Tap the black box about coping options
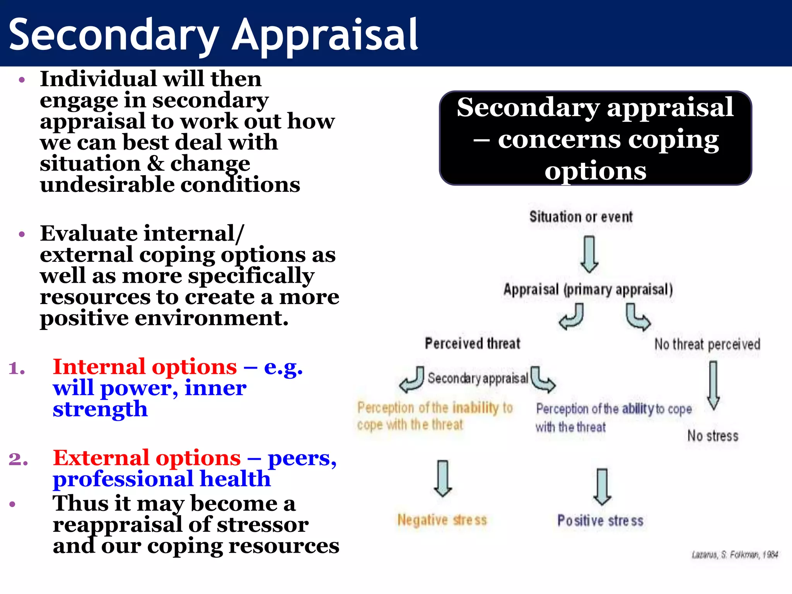click(x=595, y=138)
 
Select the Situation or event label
click(x=581, y=217)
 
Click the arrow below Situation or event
click(x=589, y=254)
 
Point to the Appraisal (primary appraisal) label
click(x=588, y=290)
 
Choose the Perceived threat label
click(x=473, y=343)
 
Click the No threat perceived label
click(x=707, y=344)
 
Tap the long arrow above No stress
click(x=713, y=385)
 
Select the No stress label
click(x=713, y=436)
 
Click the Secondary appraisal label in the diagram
click(x=478, y=378)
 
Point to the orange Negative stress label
click(x=442, y=520)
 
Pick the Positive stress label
click(x=600, y=521)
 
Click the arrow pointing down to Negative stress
click(x=443, y=478)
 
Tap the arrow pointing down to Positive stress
click(x=602, y=486)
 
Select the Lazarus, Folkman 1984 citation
click(x=734, y=555)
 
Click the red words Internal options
click(x=145, y=367)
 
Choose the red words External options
click(x=147, y=458)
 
